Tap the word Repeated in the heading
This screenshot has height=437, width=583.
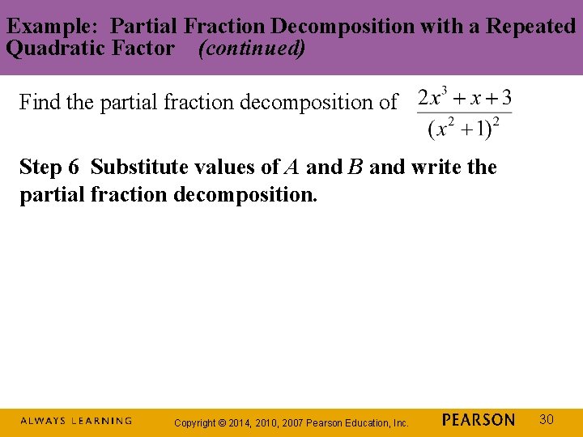pyautogui.click(x=531, y=26)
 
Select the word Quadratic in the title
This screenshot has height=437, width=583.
pyautogui.click(x=49, y=49)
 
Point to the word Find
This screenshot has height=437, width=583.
pyautogui.click(x=38, y=102)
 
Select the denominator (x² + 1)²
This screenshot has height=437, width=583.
pyautogui.click(x=464, y=127)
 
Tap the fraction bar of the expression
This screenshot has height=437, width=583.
pyautogui.click(x=464, y=113)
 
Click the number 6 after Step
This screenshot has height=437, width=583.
pyautogui.click(x=74, y=168)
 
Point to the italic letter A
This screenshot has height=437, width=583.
pyautogui.click(x=291, y=168)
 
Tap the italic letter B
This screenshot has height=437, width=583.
pyautogui.click(x=355, y=168)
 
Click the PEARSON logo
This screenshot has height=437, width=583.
pyautogui.click(x=479, y=420)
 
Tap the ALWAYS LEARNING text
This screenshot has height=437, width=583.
pyautogui.click(x=76, y=421)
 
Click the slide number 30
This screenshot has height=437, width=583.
pyautogui.click(x=546, y=419)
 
